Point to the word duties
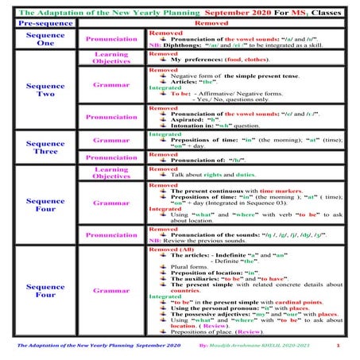point(244,174)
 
